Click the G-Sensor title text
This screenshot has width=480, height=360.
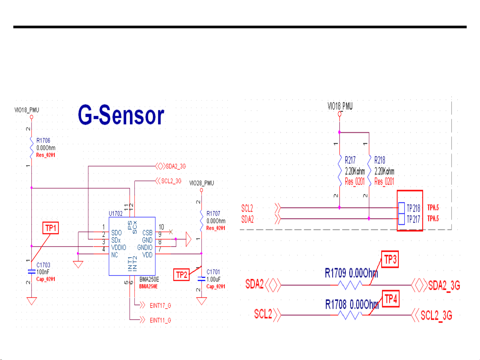(x=121, y=115)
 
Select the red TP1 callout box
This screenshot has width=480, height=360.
(x=51, y=228)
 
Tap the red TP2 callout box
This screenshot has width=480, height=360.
(x=182, y=275)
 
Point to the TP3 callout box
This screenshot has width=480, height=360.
(x=390, y=259)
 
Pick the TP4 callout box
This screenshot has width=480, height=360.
(x=391, y=299)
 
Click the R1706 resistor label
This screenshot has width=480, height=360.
(x=43, y=141)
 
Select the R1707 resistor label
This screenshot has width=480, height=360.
(x=213, y=213)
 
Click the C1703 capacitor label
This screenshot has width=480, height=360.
(x=43, y=265)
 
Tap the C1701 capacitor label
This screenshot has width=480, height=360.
(x=213, y=272)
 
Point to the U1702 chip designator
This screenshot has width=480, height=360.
(x=116, y=213)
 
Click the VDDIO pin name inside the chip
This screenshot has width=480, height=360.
(x=119, y=247)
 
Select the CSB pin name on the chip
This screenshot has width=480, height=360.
(x=147, y=233)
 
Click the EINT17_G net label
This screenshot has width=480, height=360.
(x=160, y=305)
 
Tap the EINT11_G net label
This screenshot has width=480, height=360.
(x=160, y=320)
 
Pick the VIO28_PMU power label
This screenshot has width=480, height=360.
(x=202, y=183)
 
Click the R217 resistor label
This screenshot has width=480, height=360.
(x=350, y=160)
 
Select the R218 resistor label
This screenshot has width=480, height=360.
(x=380, y=160)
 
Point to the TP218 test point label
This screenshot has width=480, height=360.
(x=413, y=208)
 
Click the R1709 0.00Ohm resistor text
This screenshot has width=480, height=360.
(x=351, y=273)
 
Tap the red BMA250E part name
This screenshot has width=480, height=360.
(x=149, y=286)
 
